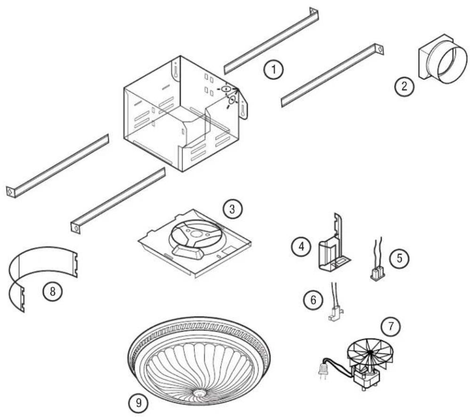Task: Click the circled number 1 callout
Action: click(274, 71)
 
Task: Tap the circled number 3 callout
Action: click(231, 209)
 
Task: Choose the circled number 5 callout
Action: click(399, 258)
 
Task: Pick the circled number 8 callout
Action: click(52, 291)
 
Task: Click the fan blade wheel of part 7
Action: click(371, 353)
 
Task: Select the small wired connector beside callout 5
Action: click(378, 274)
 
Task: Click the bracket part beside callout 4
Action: click(333, 249)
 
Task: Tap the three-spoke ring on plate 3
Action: click(194, 235)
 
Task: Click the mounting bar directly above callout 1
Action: click(271, 41)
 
